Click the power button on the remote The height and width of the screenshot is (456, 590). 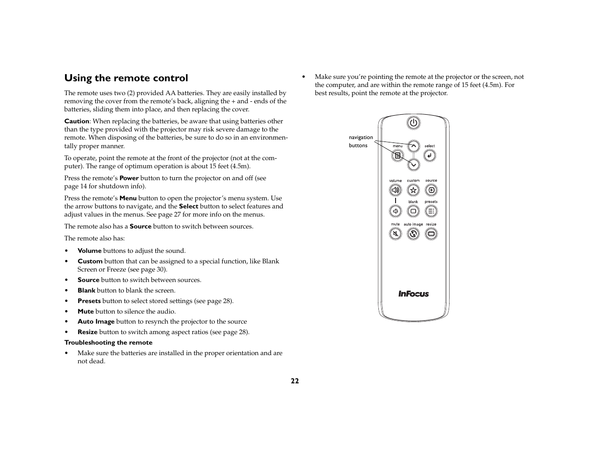click(x=413, y=123)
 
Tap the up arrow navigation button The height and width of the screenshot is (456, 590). click(x=414, y=146)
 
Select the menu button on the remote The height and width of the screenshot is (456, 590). click(x=397, y=155)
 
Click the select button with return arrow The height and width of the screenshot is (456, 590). click(x=429, y=155)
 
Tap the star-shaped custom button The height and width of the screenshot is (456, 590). click(x=413, y=190)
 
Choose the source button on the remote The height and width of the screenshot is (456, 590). click(x=431, y=190)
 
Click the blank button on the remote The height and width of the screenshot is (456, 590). click(x=413, y=211)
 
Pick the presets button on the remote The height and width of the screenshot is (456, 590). click(x=431, y=211)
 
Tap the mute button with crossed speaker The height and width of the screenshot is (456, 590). click(x=395, y=234)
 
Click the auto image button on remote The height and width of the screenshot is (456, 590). click(x=413, y=234)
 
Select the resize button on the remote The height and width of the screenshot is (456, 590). click(x=431, y=234)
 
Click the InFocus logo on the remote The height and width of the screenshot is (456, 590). click(x=414, y=294)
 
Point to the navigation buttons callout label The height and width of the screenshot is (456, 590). click(x=361, y=141)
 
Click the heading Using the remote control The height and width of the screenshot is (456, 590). click(x=126, y=78)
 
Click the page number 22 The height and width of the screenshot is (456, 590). click(x=295, y=381)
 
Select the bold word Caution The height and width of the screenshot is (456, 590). click(x=76, y=121)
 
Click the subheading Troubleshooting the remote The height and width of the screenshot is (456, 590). click(x=108, y=343)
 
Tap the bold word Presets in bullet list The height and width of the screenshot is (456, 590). click(x=89, y=301)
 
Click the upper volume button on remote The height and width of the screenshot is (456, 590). click(x=395, y=190)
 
